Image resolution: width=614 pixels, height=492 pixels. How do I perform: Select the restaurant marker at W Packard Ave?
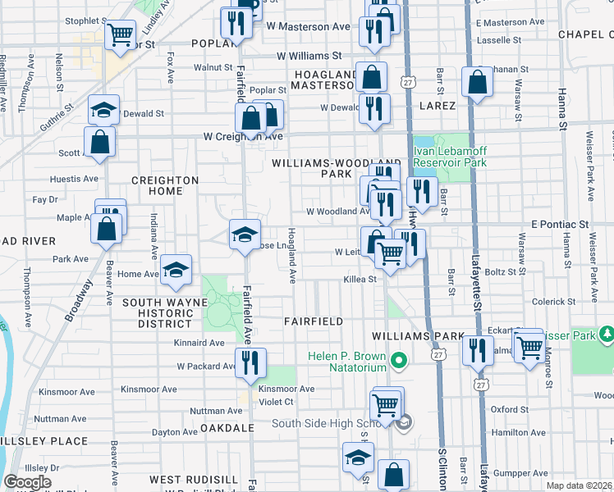coord(250,362)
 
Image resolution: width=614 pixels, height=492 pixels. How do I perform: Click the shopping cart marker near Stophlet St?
coord(121,34)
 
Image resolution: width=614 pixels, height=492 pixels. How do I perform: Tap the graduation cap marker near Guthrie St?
coord(104,111)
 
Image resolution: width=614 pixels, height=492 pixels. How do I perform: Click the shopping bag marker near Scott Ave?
coord(100,142)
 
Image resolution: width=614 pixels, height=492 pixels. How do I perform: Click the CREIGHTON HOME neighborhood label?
coord(165,185)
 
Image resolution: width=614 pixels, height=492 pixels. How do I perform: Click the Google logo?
coord(27,481)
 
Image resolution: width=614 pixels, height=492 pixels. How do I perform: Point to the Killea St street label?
coord(359,280)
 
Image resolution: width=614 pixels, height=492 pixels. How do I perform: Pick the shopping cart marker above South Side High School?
coord(385,403)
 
